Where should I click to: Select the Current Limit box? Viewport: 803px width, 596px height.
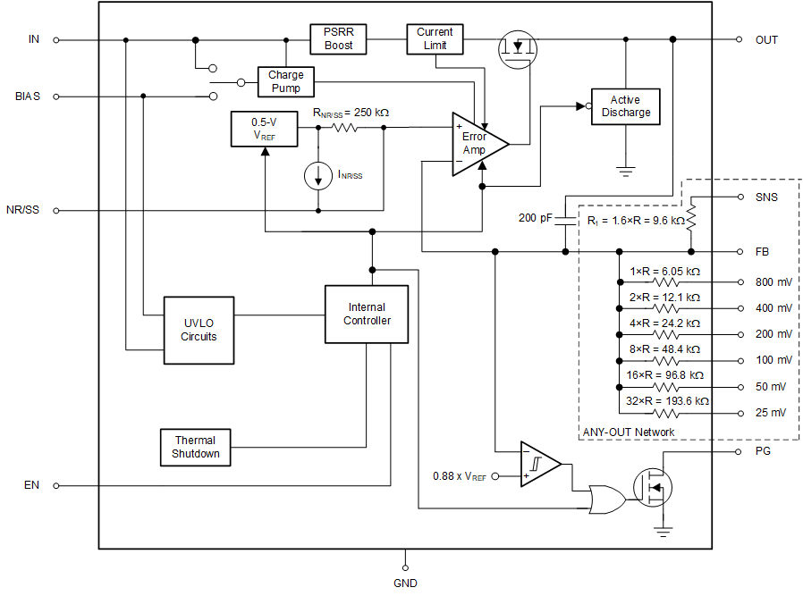435,38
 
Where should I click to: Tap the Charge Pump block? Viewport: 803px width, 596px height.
285,82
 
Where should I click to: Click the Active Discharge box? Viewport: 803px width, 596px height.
625,106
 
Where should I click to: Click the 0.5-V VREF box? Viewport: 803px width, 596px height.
263,129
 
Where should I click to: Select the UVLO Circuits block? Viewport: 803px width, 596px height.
199,331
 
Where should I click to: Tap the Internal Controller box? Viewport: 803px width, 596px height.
367,314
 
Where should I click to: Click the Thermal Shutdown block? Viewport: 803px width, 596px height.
195,447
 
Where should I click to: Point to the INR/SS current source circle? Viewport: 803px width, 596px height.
318,176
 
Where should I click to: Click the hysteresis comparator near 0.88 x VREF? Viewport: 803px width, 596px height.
539,464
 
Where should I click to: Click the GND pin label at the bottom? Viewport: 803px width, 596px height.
405,583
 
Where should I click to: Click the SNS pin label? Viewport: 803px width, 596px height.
766,197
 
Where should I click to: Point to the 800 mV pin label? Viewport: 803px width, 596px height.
773,282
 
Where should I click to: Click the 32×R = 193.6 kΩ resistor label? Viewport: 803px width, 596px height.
667,401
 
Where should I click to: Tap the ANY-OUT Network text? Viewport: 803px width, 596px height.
629,432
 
